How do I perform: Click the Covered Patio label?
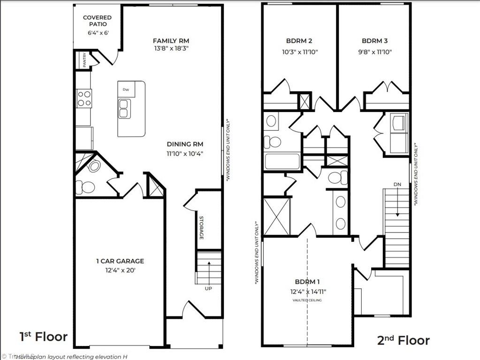97,21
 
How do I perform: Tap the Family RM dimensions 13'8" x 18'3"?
171,48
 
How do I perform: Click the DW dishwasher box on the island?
126,89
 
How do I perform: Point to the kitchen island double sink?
124,108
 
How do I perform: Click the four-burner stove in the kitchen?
84,98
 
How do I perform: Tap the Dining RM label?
185,144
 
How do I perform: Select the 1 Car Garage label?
120,261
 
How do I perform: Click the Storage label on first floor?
201,228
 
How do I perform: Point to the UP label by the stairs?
208,289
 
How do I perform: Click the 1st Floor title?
43,337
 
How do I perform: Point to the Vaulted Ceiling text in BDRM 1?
307,300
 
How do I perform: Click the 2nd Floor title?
404,340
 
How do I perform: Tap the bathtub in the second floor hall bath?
282,161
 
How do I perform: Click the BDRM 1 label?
307,282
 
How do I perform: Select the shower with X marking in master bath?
275,217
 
